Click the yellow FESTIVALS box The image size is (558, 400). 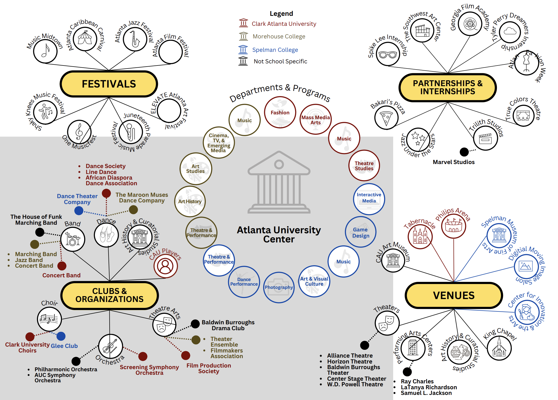click(109, 84)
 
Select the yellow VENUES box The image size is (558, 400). click(453, 295)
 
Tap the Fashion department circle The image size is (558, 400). click(280, 112)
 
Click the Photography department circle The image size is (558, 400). click(279, 287)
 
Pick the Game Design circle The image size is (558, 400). click(360, 232)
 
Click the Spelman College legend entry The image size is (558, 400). click(275, 50)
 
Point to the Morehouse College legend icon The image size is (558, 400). click(243, 36)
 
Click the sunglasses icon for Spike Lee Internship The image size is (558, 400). click(388, 55)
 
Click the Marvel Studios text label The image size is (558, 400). click(453, 162)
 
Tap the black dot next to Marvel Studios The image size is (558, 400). click(464, 152)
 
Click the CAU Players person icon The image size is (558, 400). click(165, 266)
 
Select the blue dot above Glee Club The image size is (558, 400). click(61, 336)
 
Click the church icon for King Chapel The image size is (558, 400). click(499, 348)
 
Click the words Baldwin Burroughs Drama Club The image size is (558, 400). click(228, 325)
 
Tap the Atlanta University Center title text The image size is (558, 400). click(279, 234)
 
